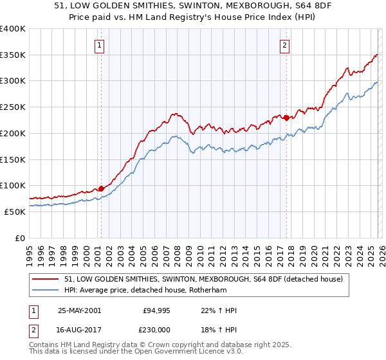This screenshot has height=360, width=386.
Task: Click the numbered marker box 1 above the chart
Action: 101,45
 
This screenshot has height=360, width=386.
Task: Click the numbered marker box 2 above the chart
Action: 284,45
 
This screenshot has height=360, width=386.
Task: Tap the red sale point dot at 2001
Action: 102,188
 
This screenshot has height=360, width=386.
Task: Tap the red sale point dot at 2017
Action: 286,117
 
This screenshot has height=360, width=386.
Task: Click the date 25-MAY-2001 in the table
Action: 79,310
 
